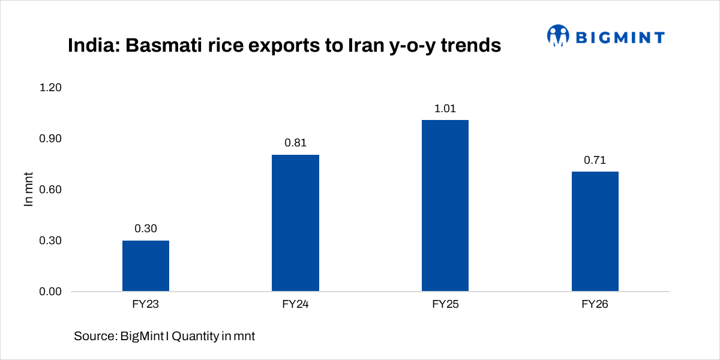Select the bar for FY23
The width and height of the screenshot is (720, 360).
146,266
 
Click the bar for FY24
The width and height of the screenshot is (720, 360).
295,223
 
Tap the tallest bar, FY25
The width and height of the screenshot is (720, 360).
445,206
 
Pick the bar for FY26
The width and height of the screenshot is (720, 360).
595,232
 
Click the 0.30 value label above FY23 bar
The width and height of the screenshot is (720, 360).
146,229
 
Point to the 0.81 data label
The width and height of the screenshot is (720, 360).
295,143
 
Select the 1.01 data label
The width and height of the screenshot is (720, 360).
445,109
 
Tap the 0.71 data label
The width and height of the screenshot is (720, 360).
595,160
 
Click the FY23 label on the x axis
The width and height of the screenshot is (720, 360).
146,305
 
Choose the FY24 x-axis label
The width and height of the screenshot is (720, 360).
295,305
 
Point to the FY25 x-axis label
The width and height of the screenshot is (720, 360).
445,305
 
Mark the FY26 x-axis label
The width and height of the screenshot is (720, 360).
595,305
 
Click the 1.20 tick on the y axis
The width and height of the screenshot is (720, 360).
50,88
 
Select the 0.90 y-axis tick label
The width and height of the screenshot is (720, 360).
50,139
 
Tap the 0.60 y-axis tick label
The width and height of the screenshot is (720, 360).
50,190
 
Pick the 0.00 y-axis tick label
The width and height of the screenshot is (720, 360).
50,292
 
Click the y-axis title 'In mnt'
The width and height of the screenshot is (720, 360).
28,190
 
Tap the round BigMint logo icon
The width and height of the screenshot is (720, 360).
558,36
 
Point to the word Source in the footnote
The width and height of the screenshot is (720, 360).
93,337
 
